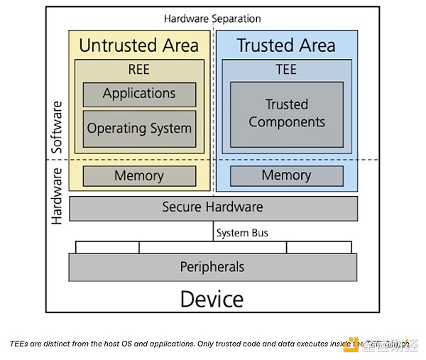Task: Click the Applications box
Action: coord(139,94)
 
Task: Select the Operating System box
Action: coord(139,129)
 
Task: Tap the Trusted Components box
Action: coord(287,114)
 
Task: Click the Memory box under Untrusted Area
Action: coord(139,175)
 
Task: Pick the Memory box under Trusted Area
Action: coord(286,175)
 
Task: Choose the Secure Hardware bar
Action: coord(213,208)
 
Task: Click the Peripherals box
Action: coord(212,267)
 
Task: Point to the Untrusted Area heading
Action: coord(138,45)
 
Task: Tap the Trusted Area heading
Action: coord(286,45)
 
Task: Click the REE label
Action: coord(139,70)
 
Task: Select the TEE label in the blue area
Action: coord(286,70)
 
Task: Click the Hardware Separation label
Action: coord(212,18)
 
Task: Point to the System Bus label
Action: coord(242,232)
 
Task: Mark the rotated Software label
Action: coord(58,128)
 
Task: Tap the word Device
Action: coord(212,299)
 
